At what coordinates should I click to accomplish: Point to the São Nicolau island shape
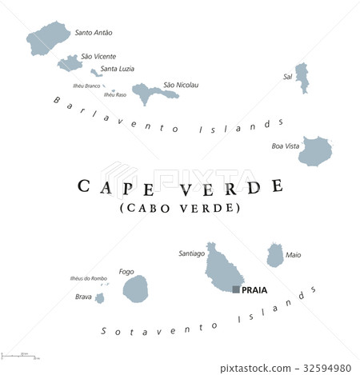click(149, 93)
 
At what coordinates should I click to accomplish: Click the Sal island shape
click(302, 78)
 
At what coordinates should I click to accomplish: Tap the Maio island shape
click(275, 255)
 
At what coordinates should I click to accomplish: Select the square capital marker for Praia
click(236, 289)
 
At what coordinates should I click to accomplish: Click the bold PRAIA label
click(254, 290)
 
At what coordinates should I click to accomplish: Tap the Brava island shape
click(100, 298)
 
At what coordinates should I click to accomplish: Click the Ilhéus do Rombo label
click(88, 278)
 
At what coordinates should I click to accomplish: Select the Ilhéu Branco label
click(86, 86)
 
